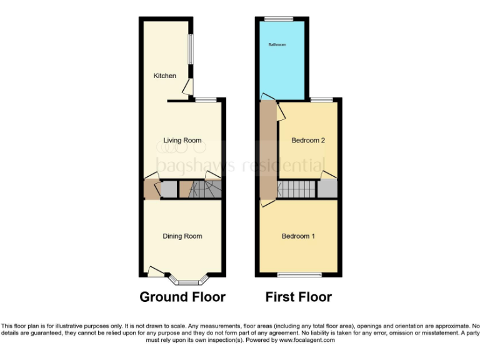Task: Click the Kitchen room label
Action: [165, 76]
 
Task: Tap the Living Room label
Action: [182, 141]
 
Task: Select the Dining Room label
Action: [182, 236]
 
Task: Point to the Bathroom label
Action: [277, 45]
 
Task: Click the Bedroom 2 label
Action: [309, 141]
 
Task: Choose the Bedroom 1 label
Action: [298, 236]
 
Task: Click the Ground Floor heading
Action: [182, 297]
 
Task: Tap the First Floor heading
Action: [299, 297]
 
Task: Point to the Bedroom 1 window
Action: [296, 275]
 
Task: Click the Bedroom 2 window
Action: [321, 99]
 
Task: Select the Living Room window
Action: [206, 99]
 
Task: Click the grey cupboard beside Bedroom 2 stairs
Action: [327, 189]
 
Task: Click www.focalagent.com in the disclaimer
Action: [307, 341]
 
